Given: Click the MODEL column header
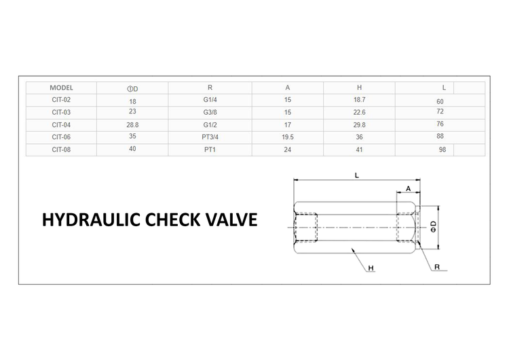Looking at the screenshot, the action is pos(61,88).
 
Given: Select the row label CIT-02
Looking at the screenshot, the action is pos(61,100).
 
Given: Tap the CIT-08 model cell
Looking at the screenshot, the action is pos(61,150).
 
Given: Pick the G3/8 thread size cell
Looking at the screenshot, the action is pos(210,113).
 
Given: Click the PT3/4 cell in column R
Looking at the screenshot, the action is pos(210,137).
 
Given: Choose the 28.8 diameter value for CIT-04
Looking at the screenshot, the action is pos(132,125).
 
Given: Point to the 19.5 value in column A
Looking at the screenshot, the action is pos(288,137).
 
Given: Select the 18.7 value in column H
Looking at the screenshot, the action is pos(359,100).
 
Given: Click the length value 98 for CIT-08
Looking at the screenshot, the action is pos(442,149).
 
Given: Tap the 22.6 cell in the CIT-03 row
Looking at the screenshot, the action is pos(359,113).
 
